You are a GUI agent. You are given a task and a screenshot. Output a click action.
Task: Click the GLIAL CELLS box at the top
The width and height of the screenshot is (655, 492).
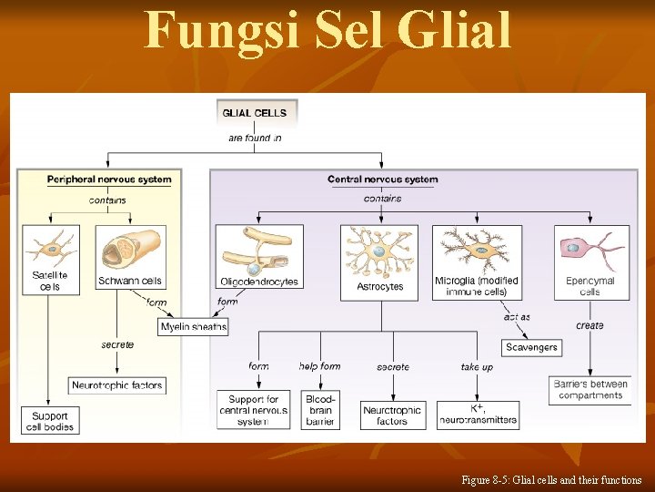254,113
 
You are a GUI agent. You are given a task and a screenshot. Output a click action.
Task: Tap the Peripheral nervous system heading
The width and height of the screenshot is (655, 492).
108,179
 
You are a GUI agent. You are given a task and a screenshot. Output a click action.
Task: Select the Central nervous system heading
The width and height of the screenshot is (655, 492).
382,179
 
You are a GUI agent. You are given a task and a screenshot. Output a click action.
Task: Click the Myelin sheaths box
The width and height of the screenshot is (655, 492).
193,326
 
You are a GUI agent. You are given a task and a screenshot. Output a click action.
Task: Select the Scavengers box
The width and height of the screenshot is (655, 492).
530,347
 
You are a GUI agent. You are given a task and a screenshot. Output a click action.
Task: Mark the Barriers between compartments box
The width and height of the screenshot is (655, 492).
590,389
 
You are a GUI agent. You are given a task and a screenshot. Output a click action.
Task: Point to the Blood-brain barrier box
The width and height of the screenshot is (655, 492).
320,410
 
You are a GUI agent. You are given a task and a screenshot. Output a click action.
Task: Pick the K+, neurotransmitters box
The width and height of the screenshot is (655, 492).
478,414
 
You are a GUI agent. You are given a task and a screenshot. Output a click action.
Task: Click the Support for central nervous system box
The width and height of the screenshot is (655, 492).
253,410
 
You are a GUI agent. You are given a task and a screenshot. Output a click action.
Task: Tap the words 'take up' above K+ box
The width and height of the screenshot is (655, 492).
477,366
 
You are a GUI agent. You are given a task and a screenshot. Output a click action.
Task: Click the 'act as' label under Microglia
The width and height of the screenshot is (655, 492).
517,317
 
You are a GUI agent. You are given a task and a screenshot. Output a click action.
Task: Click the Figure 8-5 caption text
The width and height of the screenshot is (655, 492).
550,479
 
